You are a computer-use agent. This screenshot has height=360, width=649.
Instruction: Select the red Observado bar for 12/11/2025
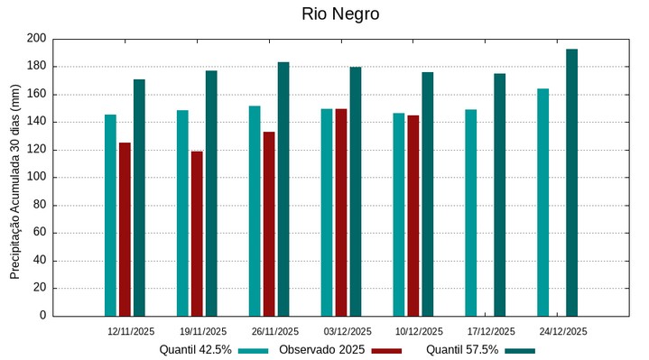tap(125, 229)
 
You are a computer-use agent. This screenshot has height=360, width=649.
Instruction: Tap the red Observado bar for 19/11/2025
tap(197, 234)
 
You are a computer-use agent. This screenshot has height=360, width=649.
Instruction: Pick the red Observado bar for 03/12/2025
tap(341, 212)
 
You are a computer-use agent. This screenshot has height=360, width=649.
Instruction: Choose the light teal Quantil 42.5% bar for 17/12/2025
tap(471, 213)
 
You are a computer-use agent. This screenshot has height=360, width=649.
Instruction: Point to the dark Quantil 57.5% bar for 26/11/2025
tap(283, 189)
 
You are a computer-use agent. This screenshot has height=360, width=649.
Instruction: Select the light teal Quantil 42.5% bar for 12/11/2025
tap(110, 215)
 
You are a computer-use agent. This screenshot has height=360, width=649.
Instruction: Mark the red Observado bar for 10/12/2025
tap(413, 216)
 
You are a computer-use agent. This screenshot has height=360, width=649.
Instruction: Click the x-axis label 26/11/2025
tap(275, 331)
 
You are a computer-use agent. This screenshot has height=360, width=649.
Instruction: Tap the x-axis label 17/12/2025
tap(492, 331)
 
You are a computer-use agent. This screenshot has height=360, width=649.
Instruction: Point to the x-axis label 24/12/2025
tap(563, 331)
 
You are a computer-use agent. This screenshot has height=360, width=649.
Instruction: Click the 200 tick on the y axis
tap(36, 39)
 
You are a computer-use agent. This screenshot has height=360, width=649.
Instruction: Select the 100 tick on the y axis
tap(36, 178)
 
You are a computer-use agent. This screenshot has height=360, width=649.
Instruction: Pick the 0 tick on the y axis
tap(42, 316)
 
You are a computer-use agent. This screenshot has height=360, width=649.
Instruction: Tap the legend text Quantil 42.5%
tap(196, 350)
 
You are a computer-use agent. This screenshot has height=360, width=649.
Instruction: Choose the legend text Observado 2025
tap(322, 350)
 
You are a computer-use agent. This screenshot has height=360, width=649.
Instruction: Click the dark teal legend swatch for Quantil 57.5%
tap(519, 350)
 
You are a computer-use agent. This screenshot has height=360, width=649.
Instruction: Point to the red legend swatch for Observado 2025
tap(385, 350)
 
